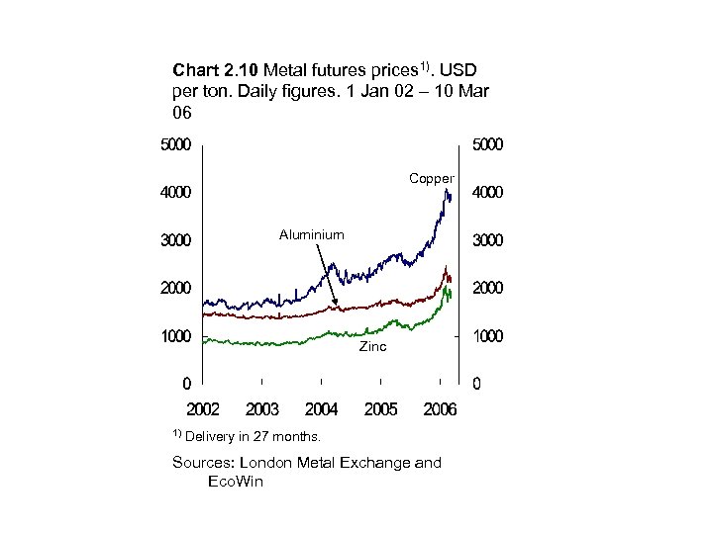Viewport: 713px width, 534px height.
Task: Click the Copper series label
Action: [x=432, y=179]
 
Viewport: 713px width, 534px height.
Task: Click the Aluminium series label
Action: [x=311, y=234]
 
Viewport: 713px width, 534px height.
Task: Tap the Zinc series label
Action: [x=372, y=348]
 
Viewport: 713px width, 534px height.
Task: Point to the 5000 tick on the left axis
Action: [x=176, y=144]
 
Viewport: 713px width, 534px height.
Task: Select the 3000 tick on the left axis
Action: [x=176, y=240]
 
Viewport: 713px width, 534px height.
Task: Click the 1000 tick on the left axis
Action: [x=176, y=336]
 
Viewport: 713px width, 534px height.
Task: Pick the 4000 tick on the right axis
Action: [x=486, y=193]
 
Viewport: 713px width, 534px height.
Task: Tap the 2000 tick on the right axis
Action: [x=486, y=289]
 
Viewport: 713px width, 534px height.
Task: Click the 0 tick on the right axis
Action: [x=477, y=384]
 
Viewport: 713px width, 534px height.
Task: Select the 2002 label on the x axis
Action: [x=203, y=409]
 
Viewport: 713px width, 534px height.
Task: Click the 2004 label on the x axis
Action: [x=322, y=409]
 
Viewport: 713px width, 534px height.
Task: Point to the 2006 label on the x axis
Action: [x=440, y=409]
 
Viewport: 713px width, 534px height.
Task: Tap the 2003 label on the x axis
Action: [x=262, y=409]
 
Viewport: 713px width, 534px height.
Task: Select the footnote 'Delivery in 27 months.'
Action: [x=253, y=436]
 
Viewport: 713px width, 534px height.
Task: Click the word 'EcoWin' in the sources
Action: [x=236, y=482]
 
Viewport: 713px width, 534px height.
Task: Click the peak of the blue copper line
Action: [x=446, y=189]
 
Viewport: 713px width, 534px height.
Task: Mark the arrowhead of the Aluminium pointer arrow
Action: [x=336, y=305]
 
